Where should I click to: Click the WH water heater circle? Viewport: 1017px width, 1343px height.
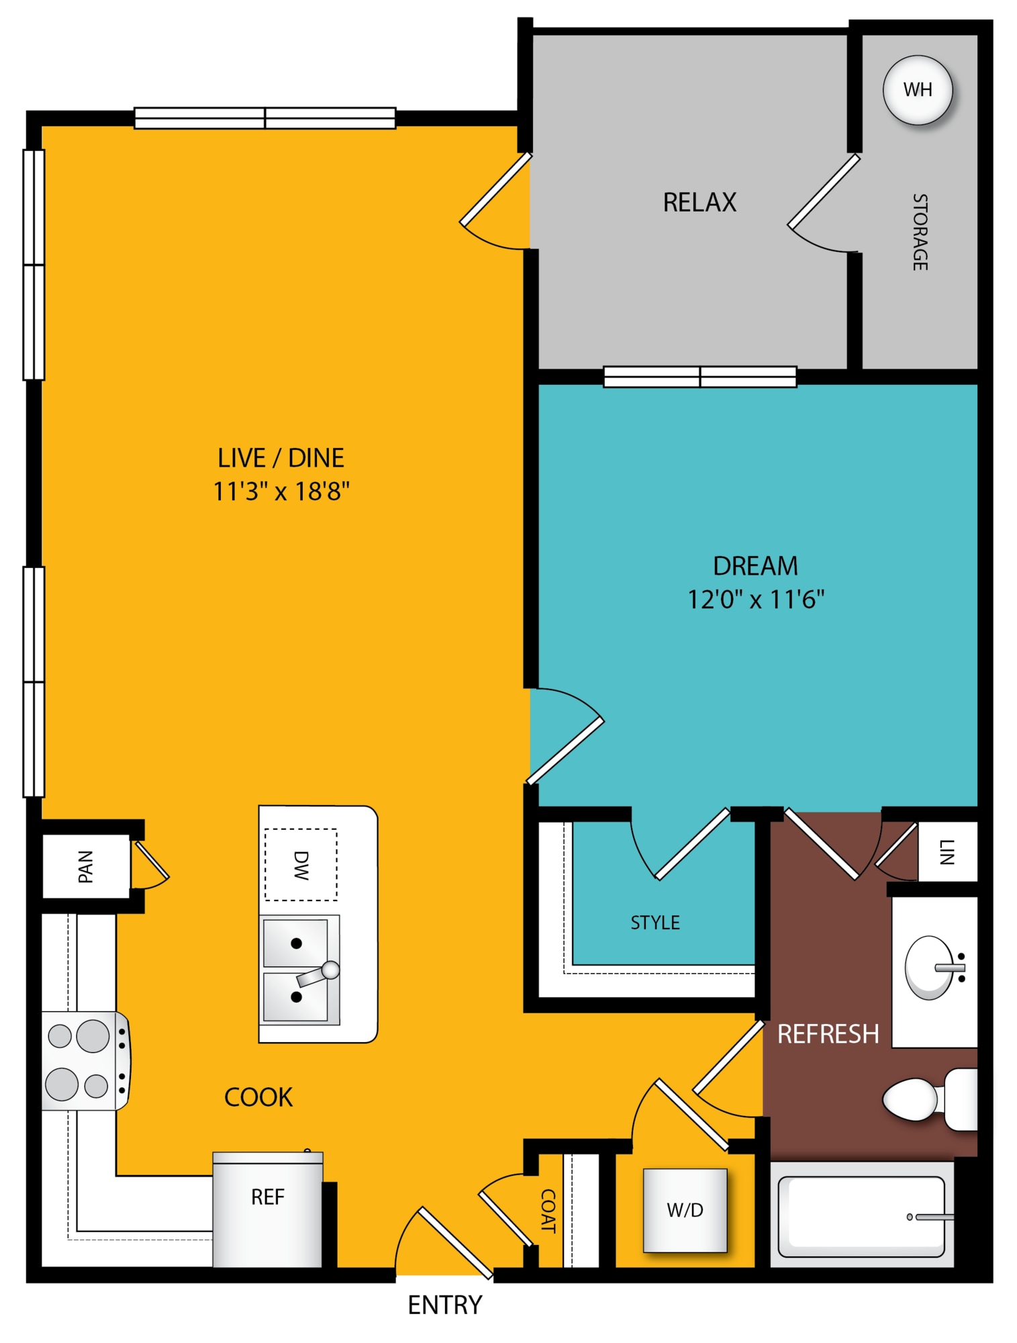click(x=917, y=90)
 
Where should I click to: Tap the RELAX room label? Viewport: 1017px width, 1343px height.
click(x=699, y=202)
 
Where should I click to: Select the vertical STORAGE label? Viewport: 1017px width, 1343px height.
click(x=920, y=232)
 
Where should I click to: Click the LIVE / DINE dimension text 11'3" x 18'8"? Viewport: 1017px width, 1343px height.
click(x=281, y=492)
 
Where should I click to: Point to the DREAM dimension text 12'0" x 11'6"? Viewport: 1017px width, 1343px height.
click(x=756, y=599)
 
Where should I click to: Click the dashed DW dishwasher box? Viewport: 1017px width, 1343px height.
click(x=301, y=865)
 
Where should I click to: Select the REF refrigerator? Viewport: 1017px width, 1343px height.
click(x=268, y=1209)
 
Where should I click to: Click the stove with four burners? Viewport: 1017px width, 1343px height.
click(x=85, y=1061)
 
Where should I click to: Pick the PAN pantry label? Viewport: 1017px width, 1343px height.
click(x=85, y=866)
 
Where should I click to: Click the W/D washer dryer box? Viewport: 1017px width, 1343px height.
click(x=685, y=1210)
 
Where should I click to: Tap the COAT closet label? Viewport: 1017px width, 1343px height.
click(x=548, y=1211)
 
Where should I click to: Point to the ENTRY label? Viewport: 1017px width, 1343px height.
click(x=445, y=1305)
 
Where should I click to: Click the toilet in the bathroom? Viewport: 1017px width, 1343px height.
click(x=930, y=1099)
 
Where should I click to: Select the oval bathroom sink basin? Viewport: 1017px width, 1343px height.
click(x=929, y=968)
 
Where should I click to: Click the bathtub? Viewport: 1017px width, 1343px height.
click(x=862, y=1217)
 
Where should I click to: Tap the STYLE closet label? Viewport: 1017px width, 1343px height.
click(x=655, y=923)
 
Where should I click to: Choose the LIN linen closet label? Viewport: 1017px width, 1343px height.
click(x=947, y=852)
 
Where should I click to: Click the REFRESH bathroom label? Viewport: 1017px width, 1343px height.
click(x=828, y=1034)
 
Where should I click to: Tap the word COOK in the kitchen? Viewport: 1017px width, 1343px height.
click(x=258, y=1097)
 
